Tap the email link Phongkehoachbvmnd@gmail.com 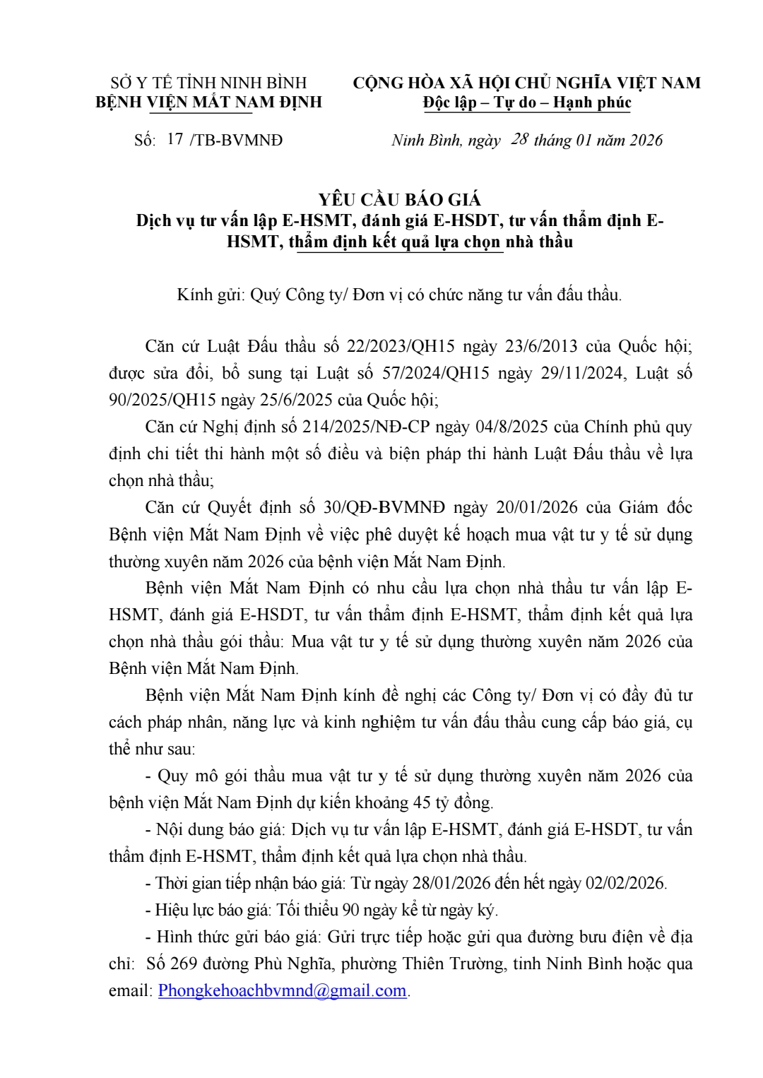coord(282,990)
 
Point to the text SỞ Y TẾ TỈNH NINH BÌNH coord(209,83)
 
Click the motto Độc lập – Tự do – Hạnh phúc coord(527,102)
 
